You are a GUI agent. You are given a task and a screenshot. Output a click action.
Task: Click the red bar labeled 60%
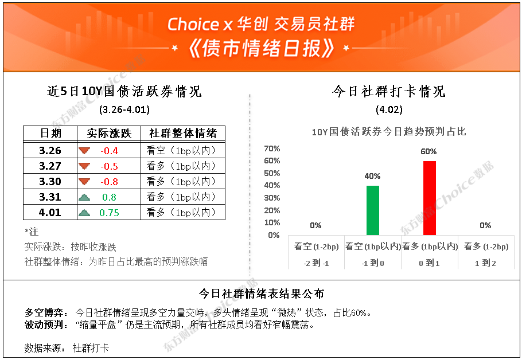click(430, 198)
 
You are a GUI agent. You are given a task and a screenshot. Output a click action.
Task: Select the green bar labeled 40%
click(373, 210)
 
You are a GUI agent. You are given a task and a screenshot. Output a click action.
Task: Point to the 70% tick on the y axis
click(272, 148)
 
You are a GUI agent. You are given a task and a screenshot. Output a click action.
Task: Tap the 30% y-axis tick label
click(272, 198)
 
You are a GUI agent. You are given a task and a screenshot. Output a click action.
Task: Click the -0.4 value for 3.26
click(109, 151)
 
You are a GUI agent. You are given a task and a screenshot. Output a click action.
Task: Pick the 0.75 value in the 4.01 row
click(109, 213)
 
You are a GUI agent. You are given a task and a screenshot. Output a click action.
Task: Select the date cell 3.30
click(50, 181)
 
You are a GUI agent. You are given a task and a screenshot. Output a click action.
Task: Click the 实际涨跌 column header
click(109, 134)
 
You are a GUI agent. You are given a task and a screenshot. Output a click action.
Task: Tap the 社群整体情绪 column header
click(183, 134)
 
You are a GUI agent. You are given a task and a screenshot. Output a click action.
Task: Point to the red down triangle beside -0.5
click(84, 166)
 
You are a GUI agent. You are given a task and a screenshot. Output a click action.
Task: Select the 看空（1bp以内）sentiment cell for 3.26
click(181, 151)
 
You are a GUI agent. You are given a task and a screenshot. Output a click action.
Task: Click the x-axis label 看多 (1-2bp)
click(486, 246)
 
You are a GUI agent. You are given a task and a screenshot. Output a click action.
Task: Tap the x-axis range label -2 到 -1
click(316, 263)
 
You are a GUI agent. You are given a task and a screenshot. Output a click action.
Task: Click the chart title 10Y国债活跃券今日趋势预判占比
click(389, 132)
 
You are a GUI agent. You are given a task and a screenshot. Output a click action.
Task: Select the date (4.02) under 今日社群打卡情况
click(389, 109)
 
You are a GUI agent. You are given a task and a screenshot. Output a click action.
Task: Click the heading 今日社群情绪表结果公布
click(262, 294)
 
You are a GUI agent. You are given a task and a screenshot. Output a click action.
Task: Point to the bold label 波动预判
click(44, 324)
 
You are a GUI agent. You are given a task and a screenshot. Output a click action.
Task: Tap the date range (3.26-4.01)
click(124, 109)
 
